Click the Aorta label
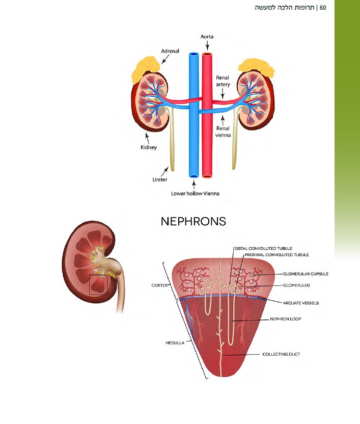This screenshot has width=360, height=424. tap(207, 37)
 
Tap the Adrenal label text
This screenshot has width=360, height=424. tap(171, 51)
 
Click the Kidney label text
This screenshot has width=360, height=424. tap(149, 147)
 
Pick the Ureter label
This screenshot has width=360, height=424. tap(160, 179)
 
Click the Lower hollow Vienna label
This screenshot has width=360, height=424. tap(194, 194)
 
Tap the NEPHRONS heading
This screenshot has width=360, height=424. tap(193, 222)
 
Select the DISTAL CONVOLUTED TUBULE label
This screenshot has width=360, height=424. tap(263, 248)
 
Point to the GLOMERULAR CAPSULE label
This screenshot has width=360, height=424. tap(306, 274)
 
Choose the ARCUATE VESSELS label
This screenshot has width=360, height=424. tap(301, 303)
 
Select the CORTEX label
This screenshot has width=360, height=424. tap(160, 285)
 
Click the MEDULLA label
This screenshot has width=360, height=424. tap(175, 343)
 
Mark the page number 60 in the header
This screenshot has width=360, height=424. tap(323, 8)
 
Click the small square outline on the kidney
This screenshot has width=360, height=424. tap(98, 285)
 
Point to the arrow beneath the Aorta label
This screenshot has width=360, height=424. tap(207, 46)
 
